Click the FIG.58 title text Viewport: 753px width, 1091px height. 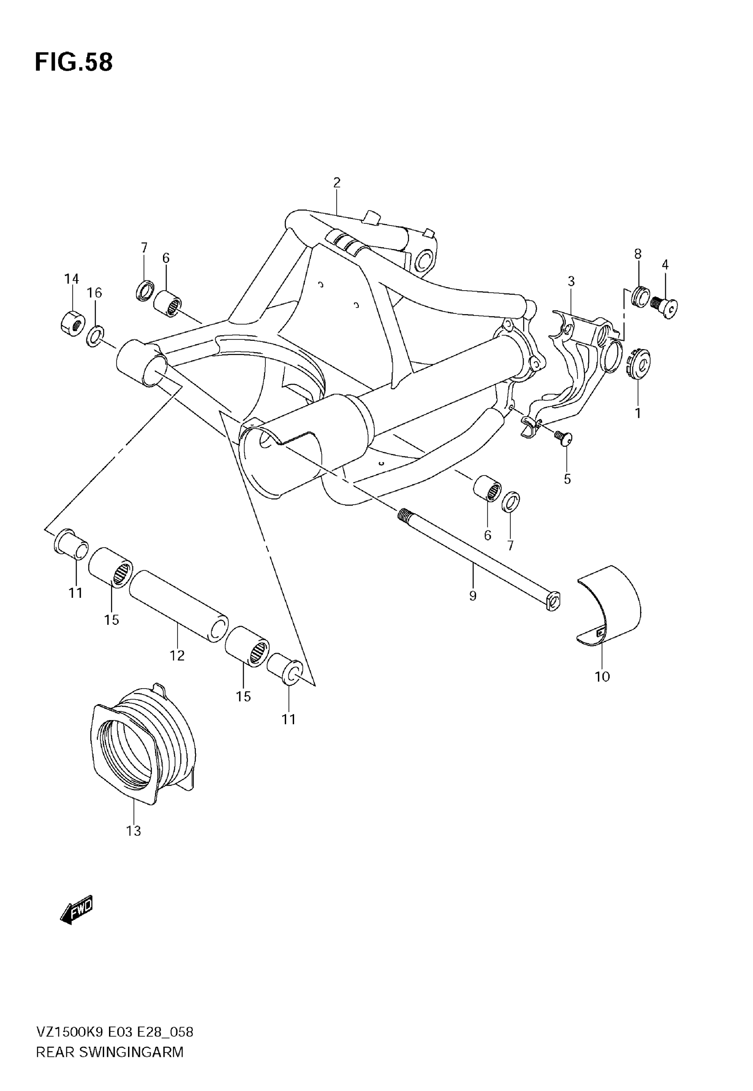[x=74, y=62]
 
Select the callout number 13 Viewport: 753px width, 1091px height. [x=133, y=831]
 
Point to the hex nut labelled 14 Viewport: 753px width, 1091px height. [x=73, y=323]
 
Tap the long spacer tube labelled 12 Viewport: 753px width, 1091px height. [x=179, y=606]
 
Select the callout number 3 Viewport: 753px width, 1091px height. [x=571, y=282]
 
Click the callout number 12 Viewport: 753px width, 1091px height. [x=178, y=655]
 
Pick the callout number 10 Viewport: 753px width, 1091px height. [x=602, y=677]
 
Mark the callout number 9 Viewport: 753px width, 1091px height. [x=473, y=596]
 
